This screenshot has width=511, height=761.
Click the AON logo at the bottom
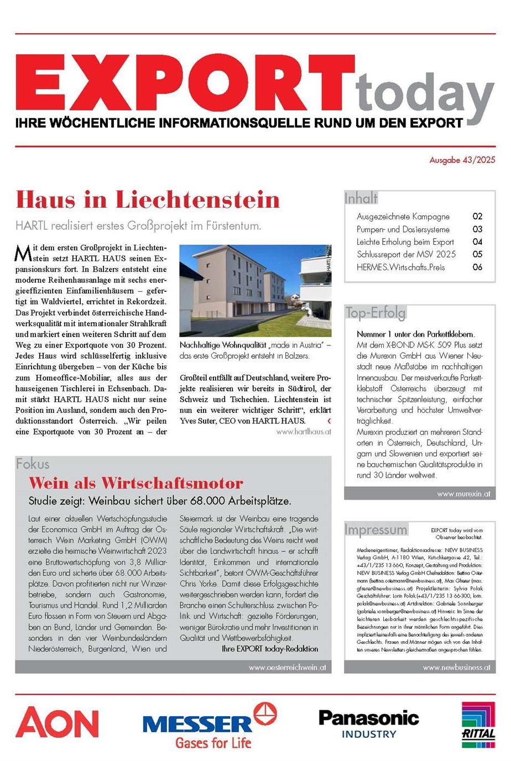tap(57, 723)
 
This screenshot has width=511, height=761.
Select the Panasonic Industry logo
tap(368, 723)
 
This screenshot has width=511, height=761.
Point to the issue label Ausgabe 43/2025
tap(462, 160)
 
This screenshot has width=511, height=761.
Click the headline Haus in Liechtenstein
tap(148, 200)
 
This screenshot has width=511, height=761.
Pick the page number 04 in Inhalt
tap(477, 242)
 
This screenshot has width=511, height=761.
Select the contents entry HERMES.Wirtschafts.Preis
tap(400, 267)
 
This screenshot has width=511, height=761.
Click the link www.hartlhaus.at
tap(304, 432)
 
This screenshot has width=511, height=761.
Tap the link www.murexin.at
tap(463, 494)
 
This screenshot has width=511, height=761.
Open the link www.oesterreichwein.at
tap(287, 667)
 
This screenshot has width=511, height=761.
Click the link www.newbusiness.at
tap(456, 667)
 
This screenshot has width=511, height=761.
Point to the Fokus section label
tap(33, 464)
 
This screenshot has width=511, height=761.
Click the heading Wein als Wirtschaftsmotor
tap(136, 483)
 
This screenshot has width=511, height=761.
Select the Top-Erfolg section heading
tap(376, 313)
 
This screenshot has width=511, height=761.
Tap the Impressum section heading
tap(376, 529)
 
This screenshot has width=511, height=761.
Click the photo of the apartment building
tap(255, 291)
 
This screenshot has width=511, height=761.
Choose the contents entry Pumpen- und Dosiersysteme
tap(403, 229)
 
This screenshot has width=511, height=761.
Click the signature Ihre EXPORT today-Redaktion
tap(270, 648)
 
